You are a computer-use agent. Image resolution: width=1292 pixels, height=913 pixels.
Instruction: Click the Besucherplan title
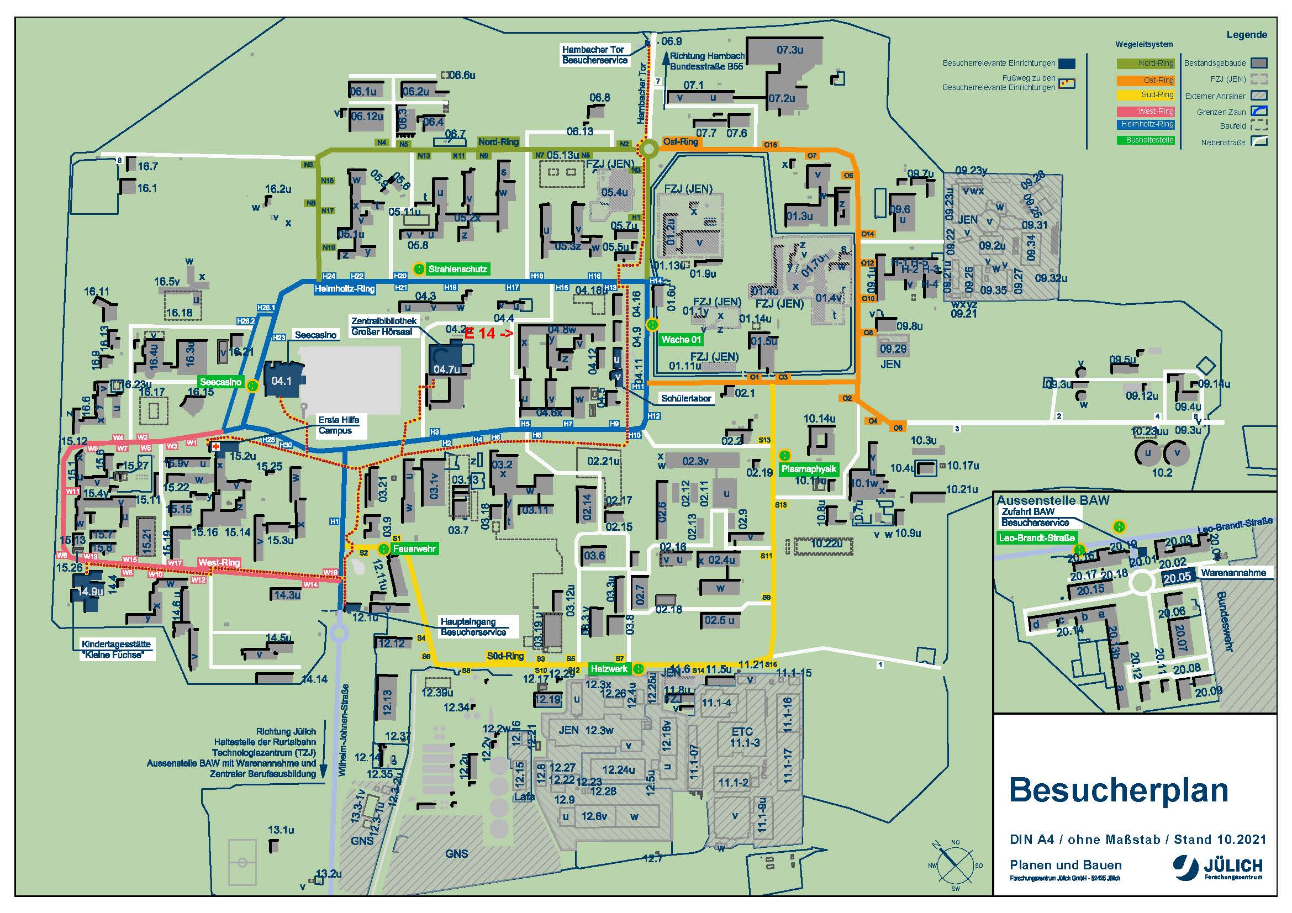point(1118,790)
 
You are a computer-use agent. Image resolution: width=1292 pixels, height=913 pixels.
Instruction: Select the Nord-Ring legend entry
point(1145,64)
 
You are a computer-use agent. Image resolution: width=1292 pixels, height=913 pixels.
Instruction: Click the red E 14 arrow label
point(488,334)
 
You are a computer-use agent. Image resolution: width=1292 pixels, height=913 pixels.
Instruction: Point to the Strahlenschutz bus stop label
point(457,270)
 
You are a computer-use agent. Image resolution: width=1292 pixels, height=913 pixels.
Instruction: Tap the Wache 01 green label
point(681,339)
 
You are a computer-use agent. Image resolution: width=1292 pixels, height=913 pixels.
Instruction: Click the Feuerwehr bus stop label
point(414,548)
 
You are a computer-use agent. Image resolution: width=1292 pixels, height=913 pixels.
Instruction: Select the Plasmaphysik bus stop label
point(809,469)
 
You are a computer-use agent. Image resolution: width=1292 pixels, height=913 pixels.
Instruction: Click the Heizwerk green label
point(609,669)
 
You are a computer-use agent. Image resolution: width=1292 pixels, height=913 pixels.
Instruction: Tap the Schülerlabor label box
point(686,398)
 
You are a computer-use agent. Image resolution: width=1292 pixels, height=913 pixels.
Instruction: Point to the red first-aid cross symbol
point(215,447)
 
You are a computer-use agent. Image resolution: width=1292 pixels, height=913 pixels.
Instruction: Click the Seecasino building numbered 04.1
point(282,381)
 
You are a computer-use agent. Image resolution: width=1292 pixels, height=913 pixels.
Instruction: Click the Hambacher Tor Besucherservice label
point(594,55)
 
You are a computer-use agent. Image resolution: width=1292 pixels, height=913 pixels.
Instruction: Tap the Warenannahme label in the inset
point(1233,573)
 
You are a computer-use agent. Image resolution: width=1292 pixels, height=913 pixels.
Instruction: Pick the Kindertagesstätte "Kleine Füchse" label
point(116,649)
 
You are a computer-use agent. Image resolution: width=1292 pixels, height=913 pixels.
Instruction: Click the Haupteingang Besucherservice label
point(473,627)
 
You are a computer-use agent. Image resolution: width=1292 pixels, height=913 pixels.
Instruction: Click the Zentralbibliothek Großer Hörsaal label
point(384,326)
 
